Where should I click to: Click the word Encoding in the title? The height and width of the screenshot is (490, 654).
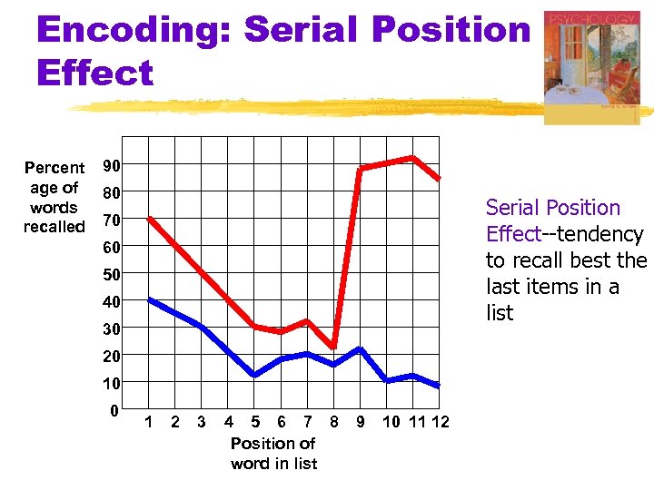click(134, 30)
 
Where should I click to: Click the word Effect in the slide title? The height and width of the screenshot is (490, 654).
click(95, 73)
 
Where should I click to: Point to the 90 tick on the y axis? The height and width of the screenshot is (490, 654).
click(113, 166)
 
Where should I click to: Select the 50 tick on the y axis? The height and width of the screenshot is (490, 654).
click(112, 274)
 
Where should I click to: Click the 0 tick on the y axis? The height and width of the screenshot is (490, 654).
click(114, 411)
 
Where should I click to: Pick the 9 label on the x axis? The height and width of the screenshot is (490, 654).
click(361, 422)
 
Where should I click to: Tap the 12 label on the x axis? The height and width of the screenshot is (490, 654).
click(440, 422)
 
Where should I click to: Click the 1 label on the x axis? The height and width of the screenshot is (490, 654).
click(149, 422)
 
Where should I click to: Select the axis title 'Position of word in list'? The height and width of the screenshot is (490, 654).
click(273, 454)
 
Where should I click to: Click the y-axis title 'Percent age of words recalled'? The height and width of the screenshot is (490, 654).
click(54, 197)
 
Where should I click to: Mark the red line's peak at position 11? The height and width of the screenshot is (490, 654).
click(412, 158)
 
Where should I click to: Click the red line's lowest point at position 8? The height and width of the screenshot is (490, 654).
click(334, 348)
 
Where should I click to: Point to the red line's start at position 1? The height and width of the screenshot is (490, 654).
click(150, 219)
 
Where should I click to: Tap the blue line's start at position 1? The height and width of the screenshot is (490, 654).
click(150, 299)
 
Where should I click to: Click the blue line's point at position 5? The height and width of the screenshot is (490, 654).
click(254, 375)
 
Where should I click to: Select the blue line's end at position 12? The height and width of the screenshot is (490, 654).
click(439, 387)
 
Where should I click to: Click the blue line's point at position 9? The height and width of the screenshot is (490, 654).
click(360, 348)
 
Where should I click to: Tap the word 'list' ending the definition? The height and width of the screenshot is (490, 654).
click(500, 313)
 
